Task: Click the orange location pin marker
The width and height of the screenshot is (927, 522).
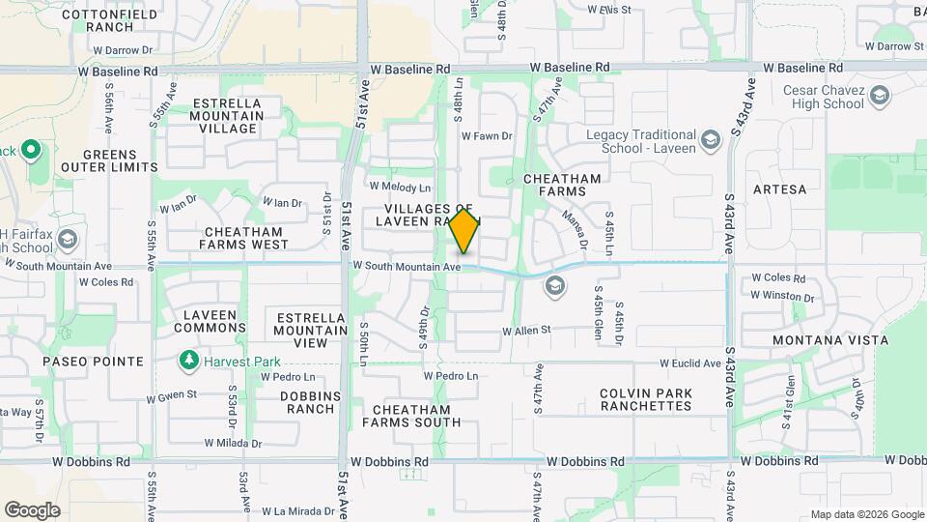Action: click(464, 231)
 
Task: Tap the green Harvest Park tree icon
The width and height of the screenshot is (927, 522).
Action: click(189, 362)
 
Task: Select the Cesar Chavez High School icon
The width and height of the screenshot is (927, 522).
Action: click(879, 96)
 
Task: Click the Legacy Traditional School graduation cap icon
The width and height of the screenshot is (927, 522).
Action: click(711, 141)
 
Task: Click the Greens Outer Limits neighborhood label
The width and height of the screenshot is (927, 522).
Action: click(109, 160)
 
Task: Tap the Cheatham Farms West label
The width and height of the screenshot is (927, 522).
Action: click(242, 238)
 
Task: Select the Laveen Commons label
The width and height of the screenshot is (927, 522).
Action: click(211, 322)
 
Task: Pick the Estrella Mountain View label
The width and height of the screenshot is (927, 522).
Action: click(311, 330)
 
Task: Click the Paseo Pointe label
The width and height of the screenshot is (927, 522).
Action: click(93, 362)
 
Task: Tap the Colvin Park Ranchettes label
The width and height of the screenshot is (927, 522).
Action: click(645, 399)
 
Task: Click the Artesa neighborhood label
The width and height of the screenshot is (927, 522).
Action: click(779, 189)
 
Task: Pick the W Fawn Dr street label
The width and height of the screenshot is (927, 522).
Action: click(487, 136)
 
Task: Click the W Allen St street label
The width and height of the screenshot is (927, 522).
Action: click(525, 331)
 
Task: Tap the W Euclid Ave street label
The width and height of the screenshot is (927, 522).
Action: click(690, 363)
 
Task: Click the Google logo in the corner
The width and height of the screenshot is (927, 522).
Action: click(32, 509)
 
